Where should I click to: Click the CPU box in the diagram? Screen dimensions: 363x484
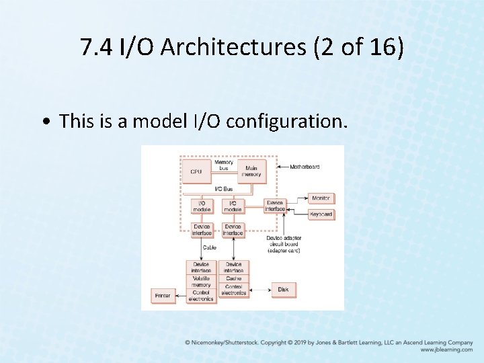coord(196,171)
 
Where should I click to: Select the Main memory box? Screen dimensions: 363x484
coord(251,171)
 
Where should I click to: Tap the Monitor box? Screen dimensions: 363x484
coord(321,198)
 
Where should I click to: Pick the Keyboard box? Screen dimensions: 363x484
coord(321,214)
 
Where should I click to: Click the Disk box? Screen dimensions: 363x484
coord(283,290)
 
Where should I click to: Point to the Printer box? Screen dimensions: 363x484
coord(163,294)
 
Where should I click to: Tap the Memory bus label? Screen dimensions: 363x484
coord(224,165)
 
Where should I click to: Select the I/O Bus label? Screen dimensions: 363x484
coord(224,189)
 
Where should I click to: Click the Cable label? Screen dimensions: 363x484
coord(210,247)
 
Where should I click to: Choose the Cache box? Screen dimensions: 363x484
coord(233,278)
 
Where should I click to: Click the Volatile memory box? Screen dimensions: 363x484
coord(201,282)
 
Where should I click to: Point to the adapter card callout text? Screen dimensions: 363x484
coord(284,243)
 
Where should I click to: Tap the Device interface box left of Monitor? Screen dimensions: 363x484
coord(275,206)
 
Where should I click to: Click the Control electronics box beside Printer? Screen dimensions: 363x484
coord(201,296)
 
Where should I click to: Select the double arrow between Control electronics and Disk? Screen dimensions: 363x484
coord(259,290)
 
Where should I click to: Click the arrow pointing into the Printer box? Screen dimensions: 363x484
coord(180,294)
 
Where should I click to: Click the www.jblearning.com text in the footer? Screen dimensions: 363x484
coord(446,350)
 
